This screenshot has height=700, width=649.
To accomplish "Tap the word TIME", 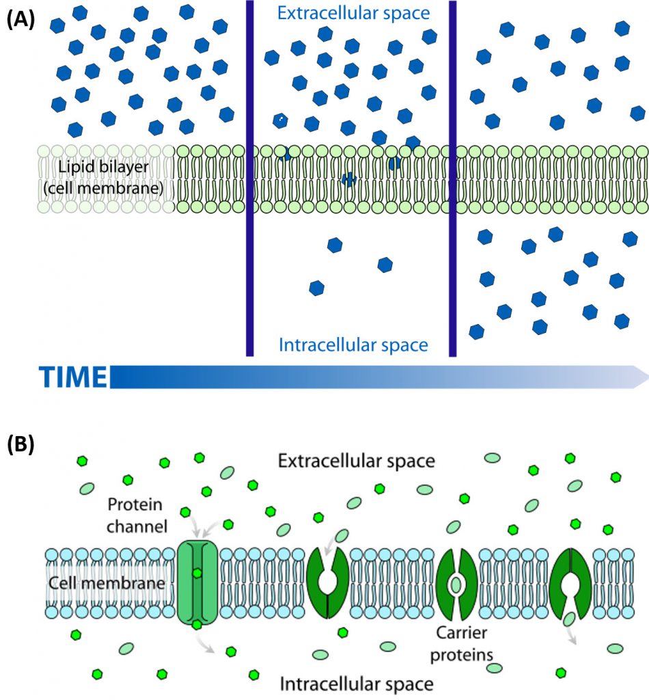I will pyautogui.click(x=72, y=377).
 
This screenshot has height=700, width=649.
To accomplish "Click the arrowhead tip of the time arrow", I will pyautogui.click(x=646, y=377).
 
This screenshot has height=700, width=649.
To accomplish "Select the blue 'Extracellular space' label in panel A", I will pyautogui.click(x=353, y=13).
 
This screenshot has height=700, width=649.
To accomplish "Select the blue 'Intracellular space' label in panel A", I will pyautogui.click(x=353, y=345).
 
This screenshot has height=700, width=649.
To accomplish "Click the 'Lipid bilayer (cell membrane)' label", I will pyautogui.click(x=105, y=176).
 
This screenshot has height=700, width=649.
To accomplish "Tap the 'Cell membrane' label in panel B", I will pyautogui.click(x=107, y=584).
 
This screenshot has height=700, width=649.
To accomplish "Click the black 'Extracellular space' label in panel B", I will pyautogui.click(x=356, y=461).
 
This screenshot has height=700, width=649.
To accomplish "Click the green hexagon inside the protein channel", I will pyautogui.click(x=197, y=572).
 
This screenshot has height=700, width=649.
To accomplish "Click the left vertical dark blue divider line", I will pyautogui.click(x=249, y=178).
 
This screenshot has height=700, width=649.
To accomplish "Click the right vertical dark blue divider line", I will pyautogui.click(x=452, y=178).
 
